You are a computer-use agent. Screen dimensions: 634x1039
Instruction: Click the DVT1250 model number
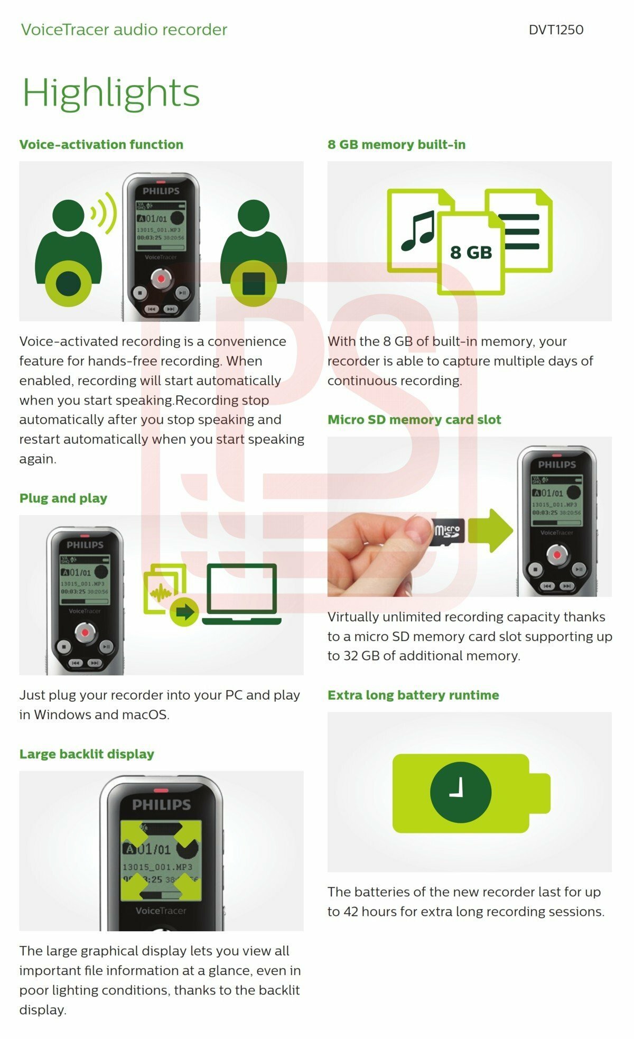point(556,30)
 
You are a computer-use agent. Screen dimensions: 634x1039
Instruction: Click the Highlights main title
point(111,92)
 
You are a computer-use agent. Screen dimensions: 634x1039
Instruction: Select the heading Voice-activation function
point(101,144)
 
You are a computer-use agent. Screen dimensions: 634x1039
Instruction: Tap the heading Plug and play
point(63,498)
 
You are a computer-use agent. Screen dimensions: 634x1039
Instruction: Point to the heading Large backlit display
point(87,754)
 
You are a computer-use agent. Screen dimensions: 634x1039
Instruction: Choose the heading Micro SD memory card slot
point(414,420)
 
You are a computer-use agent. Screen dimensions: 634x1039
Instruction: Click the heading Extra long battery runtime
point(413,695)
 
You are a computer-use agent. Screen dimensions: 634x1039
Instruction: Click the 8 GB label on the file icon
point(471,253)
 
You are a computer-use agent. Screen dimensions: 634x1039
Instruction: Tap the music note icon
point(417,231)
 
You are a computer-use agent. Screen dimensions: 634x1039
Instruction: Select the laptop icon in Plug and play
point(242,594)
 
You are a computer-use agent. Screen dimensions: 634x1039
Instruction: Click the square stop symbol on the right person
point(254,284)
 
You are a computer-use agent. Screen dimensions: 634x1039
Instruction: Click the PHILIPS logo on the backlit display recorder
point(161,804)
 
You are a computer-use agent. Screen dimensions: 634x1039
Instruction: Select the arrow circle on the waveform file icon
point(184,612)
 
